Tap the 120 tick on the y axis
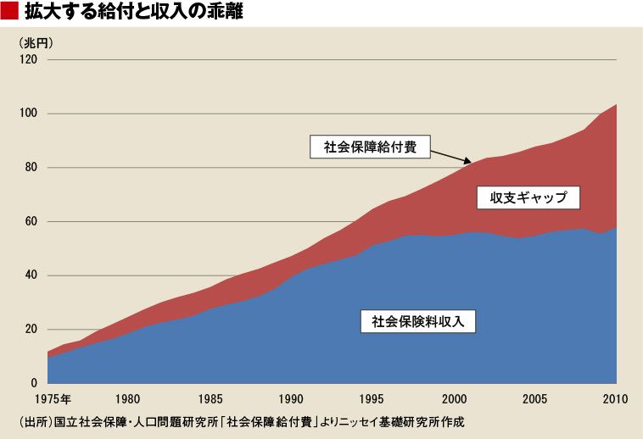(29, 59)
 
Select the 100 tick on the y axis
(29, 114)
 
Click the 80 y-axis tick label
(31, 168)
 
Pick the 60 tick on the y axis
(31, 221)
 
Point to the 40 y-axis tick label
(31, 275)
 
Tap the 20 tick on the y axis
(31, 330)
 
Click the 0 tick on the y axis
(35, 384)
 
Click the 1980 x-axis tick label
(128, 398)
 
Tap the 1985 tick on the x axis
(210, 398)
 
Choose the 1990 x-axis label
(291, 398)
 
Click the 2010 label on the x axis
(614, 398)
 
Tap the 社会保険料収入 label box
(417, 321)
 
